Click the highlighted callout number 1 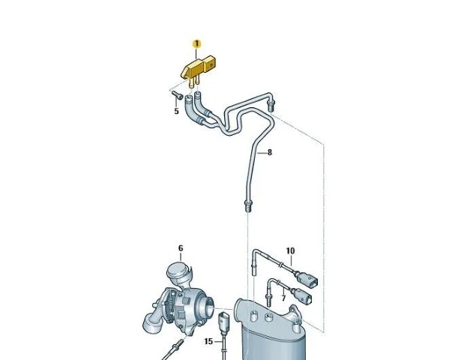point(196,44)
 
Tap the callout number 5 point(177,111)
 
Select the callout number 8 point(269,152)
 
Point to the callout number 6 point(181,248)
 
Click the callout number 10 point(290,251)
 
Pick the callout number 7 point(283,298)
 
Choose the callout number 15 point(208,342)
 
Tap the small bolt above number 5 point(177,94)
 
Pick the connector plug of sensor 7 point(304,296)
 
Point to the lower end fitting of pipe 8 point(247,206)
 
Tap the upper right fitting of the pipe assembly point(271,105)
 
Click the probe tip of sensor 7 point(269,301)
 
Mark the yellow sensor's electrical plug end point(211,63)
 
